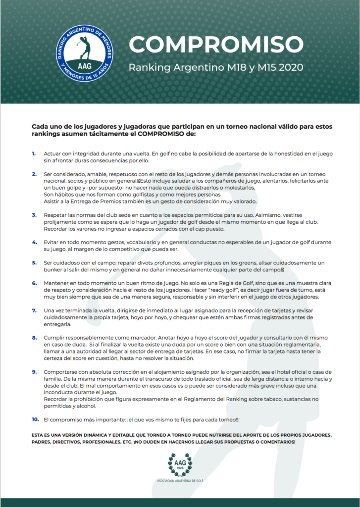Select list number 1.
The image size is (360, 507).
[x=34, y=153]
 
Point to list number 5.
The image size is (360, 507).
[x=34, y=262]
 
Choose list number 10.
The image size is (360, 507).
[x=35, y=419]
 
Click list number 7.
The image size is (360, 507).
[x=34, y=310]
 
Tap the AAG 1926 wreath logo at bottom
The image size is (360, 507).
[x=180, y=464]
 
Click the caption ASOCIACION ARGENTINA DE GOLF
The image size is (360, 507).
[x=180, y=481]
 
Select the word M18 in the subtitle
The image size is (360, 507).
[x=223, y=67]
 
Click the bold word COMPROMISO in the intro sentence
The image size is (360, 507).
[x=161, y=134]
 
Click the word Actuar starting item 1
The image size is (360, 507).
[x=52, y=153]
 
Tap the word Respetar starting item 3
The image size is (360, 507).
[x=56, y=215]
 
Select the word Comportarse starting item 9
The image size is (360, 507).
[x=61, y=371]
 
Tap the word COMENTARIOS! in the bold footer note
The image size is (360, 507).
[x=274, y=441]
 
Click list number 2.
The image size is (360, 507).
[x=34, y=174]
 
